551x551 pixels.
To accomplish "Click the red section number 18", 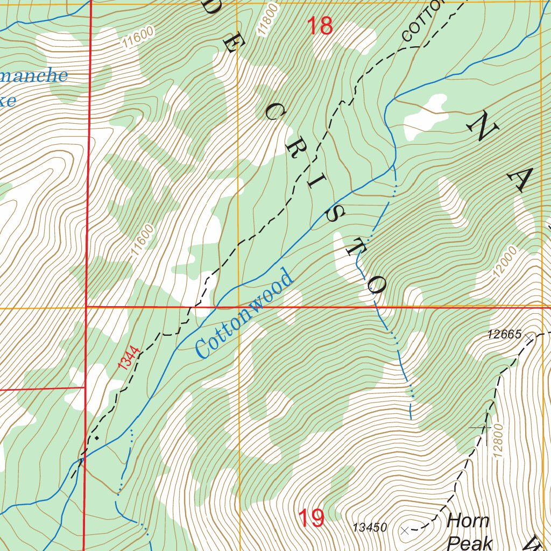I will tap(320, 26).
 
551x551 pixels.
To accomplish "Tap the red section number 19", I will tap(311, 519).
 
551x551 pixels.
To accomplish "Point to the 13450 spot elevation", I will tap(370, 528).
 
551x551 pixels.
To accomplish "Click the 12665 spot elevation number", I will tap(504, 335).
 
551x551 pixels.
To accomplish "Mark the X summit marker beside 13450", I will tap(405, 531).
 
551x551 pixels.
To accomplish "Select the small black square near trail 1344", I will tap(96, 439).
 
